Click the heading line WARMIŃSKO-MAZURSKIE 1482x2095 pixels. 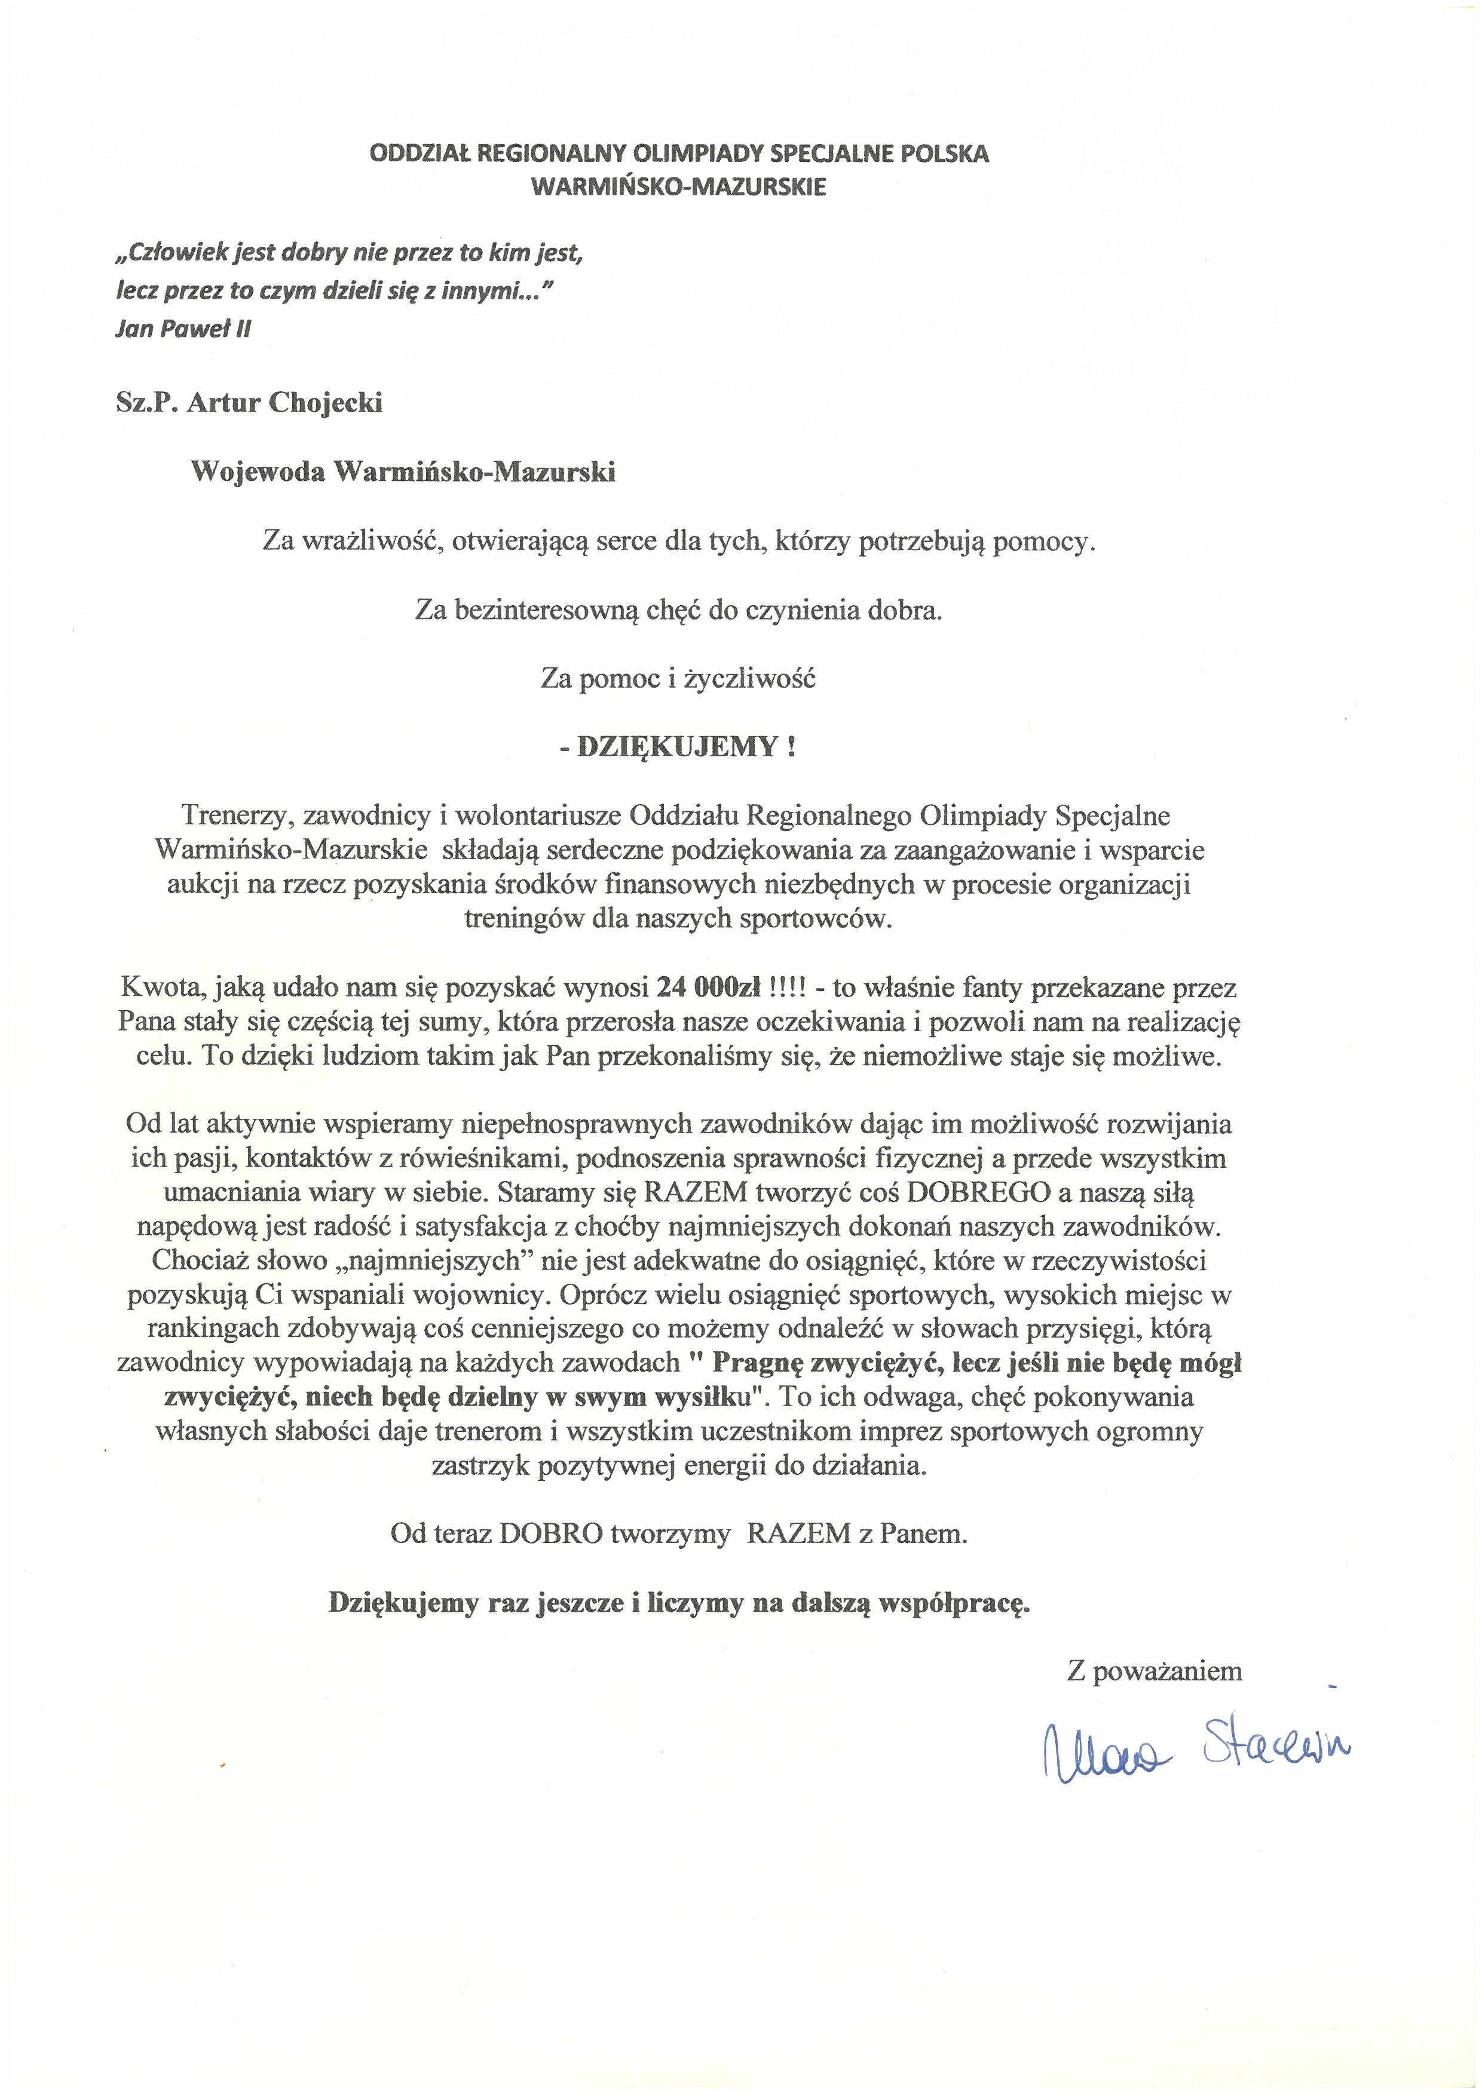(x=678, y=187)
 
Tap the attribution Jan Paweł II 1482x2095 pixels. (x=182, y=329)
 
